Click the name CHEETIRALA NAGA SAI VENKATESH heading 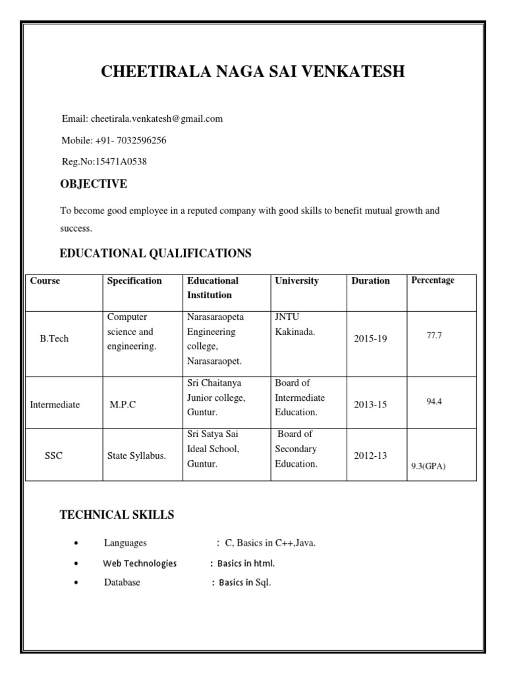[253, 72]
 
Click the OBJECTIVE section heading [94, 184]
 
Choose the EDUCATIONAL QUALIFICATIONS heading [155, 253]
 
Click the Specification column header [134, 281]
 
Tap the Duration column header [370, 281]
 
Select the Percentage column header [433, 280]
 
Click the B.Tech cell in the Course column [54, 339]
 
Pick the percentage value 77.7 [434, 336]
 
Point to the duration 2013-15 [370, 405]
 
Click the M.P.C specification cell [123, 405]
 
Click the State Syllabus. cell [137, 456]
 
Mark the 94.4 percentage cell [434, 401]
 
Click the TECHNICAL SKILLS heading [117, 515]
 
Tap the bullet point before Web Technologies [78, 564]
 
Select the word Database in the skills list [122, 583]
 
